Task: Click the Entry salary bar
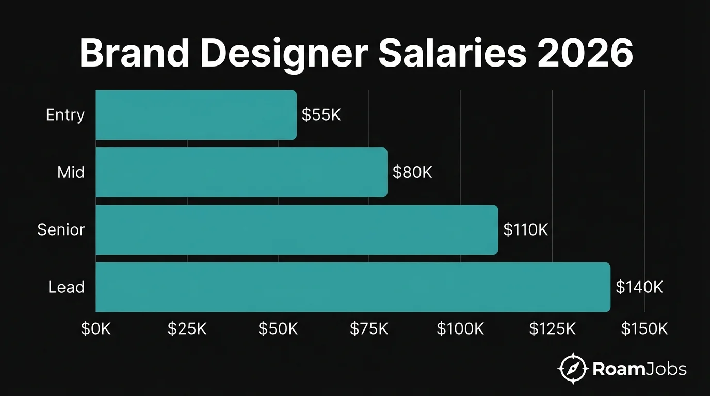(x=196, y=114)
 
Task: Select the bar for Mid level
(x=241, y=172)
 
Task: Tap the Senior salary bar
(x=297, y=229)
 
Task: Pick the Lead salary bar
(x=353, y=287)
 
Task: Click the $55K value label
(x=321, y=115)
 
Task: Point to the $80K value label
(x=412, y=172)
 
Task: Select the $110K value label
(x=525, y=229)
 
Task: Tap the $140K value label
(x=639, y=287)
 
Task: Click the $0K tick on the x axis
(x=96, y=329)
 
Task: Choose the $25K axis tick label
(x=187, y=329)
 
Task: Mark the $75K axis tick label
(x=369, y=329)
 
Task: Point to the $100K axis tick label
(x=460, y=329)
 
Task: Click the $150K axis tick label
(x=644, y=329)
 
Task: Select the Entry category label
(x=65, y=114)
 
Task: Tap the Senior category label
(x=61, y=229)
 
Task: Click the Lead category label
(x=66, y=287)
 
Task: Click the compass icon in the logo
(x=573, y=369)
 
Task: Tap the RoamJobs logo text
(x=640, y=369)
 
